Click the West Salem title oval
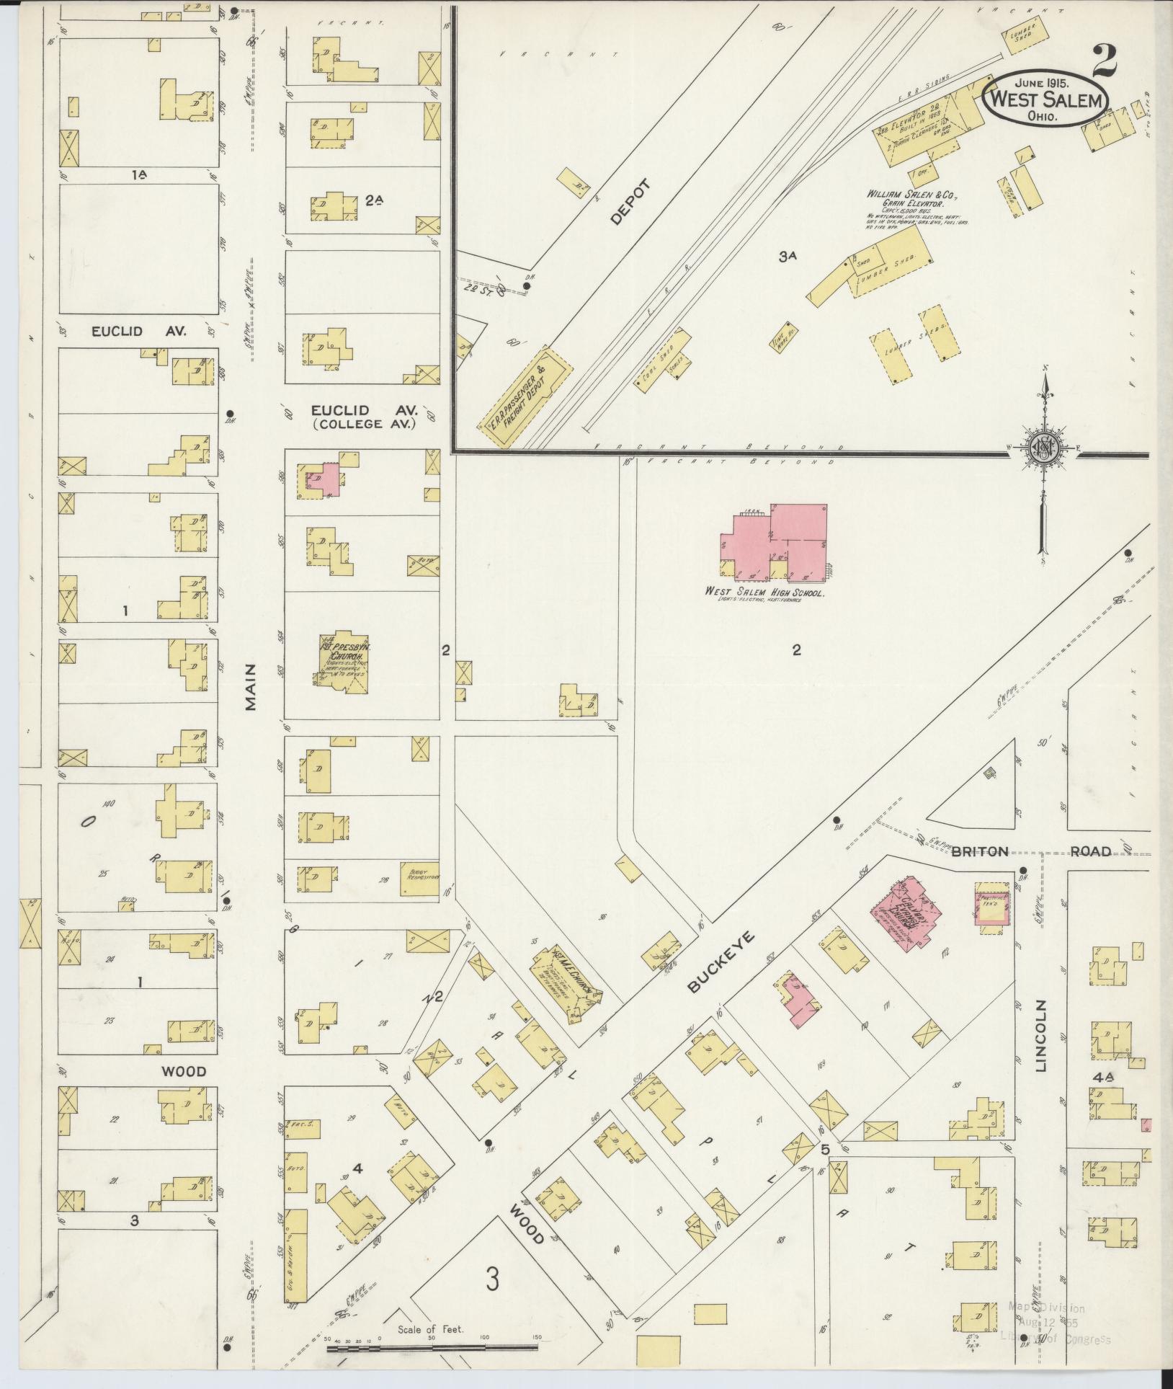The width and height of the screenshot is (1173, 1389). coord(1045,100)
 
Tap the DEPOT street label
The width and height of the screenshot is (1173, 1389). coord(629,203)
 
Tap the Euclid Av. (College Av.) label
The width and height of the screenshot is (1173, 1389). coord(364,416)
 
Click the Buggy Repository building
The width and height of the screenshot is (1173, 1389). coord(419,879)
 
